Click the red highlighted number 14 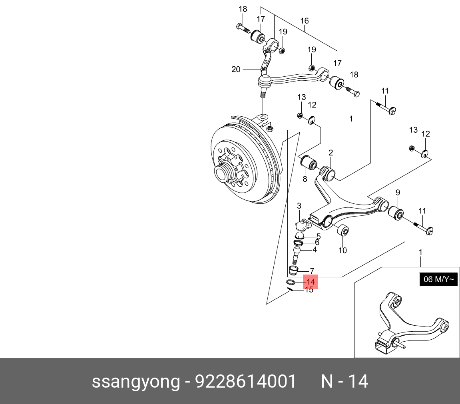(x=310, y=282)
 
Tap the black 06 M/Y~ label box (x=438, y=279)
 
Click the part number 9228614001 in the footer (x=245, y=382)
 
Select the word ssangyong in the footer (x=136, y=382)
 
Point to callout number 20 (x=236, y=70)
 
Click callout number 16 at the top (x=305, y=21)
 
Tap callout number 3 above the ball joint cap (x=299, y=206)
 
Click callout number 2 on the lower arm (x=331, y=153)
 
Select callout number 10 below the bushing (x=343, y=251)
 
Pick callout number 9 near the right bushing (x=398, y=193)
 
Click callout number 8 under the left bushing (x=305, y=179)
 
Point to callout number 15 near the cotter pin (x=309, y=290)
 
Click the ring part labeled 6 (x=298, y=243)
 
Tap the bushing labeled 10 (x=343, y=231)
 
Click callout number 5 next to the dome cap (x=319, y=236)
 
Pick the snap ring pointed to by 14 (x=291, y=283)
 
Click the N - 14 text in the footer (x=344, y=382)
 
